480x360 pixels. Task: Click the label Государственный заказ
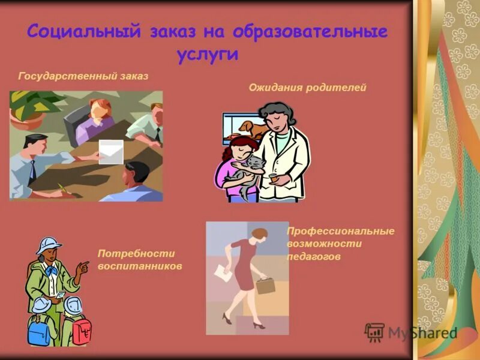pos(83,76)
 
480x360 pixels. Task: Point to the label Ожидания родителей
pos(307,88)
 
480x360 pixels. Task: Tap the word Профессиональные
pos(340,231)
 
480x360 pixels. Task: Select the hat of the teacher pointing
pos(48,245)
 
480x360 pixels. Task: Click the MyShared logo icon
pos(374,332)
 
